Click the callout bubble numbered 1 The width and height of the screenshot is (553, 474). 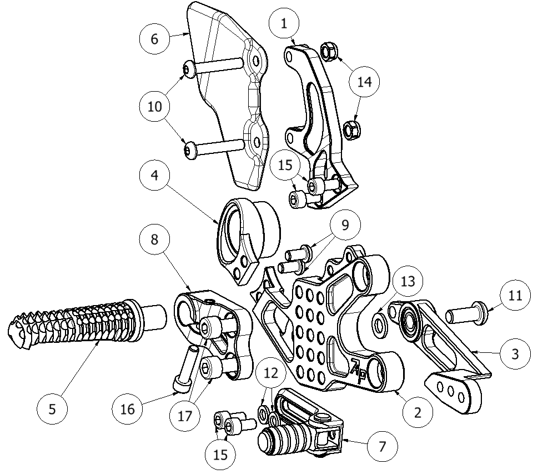pyautogui.click(x=285, y=23)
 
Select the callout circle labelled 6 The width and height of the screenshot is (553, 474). pyautogui.click(x=154, y=39)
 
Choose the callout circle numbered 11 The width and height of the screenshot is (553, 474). pyautogui.click(x=516, y=296)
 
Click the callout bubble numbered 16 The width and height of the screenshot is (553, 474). pyautogui.click(x=127, y=410)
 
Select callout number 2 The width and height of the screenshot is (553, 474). pyautogui.click(x=417, y=412)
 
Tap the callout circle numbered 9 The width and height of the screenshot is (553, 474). pyautogui.click(x=345, y=224)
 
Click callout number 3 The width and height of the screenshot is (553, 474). pyautogui.click(x=515, y=354)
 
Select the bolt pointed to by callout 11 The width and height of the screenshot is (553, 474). pyautogui.click(x=467, y=313)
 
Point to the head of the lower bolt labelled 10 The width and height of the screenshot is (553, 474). pyautogui.click(x=191, y=149)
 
